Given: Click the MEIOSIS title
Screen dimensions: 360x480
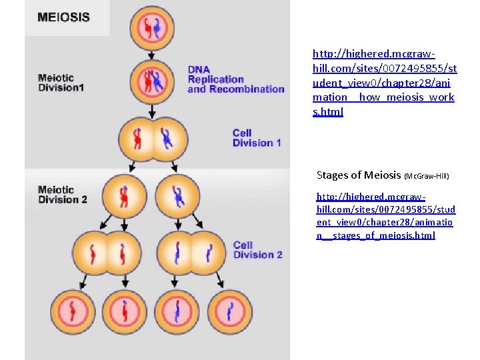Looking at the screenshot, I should click(64, 17).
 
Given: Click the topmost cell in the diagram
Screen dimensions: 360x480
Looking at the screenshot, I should click(151, 27).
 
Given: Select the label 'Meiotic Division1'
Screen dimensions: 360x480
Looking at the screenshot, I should click(61, 83).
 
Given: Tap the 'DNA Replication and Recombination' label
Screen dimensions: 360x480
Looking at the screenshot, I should click(235, 79).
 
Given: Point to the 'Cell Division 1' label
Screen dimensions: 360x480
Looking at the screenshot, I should click(257, 138).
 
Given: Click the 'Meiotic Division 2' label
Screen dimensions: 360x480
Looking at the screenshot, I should click(63, 195).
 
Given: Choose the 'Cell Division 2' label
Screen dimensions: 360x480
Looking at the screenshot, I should click(257, 250).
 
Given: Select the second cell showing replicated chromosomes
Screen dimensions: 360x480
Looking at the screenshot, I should click(151, 80).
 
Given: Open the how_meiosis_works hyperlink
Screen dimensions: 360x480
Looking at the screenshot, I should click(385, 82).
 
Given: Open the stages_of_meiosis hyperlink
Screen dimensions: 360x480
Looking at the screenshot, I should click(375, 216).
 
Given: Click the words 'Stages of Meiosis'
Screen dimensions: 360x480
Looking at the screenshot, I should click(359, 175).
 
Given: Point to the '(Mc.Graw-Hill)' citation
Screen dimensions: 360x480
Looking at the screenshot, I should click(427, 177).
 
